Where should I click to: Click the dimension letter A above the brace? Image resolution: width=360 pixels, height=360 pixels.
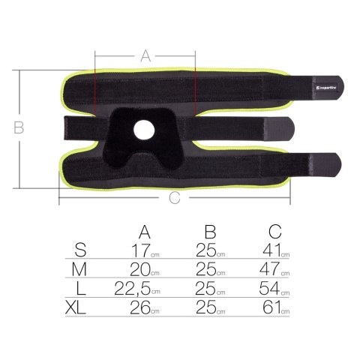(x=146, y=55)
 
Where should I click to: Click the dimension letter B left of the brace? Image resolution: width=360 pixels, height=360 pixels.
(x=19, y=127)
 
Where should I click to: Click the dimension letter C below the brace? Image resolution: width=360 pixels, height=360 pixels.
(x=174, y=198)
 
